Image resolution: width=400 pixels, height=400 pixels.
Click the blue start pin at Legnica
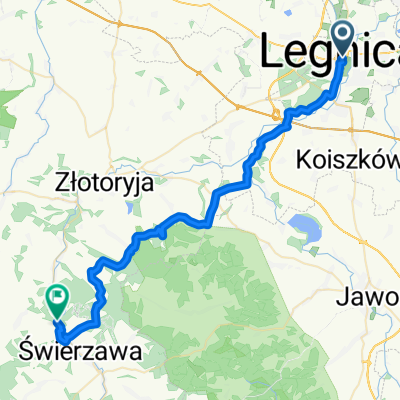click(x=343, y=40)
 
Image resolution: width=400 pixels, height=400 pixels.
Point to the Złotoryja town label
click(x=92, y=183)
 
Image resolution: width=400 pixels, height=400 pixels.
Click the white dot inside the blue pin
click(x=343, y=36)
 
